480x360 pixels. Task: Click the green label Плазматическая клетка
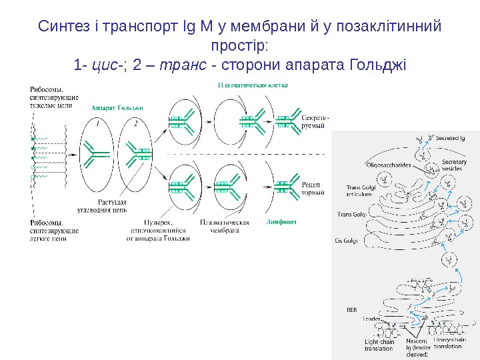coord(252,86)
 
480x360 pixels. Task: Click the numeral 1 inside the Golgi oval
coord(98,123)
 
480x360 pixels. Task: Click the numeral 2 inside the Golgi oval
coord(136,123)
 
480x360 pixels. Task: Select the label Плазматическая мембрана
coord(225,227)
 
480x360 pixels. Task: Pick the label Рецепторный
coord(313,188)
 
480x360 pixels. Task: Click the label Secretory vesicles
coord(454,165)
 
